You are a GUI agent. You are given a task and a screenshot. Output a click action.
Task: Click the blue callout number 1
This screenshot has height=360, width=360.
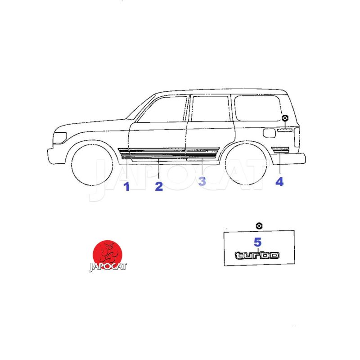(x=126, y=186)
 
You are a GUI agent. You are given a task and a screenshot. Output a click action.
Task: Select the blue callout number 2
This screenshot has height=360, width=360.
(x=159, y=186)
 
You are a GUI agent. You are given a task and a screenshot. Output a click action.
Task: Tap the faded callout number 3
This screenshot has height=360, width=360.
(x=202, y=181)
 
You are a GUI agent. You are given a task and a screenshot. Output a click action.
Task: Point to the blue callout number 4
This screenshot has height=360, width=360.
(x=279, y=182)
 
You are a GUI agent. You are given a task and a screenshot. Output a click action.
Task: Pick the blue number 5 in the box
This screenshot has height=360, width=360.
(x=257, y=242)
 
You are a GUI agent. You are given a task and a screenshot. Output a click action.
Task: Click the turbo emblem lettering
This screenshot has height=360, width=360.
(x=257, y=255)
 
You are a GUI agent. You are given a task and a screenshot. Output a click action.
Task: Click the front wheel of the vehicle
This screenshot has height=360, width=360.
(x=92, y=164)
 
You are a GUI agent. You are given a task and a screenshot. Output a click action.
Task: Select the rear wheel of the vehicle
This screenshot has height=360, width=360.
(x=246, y=164)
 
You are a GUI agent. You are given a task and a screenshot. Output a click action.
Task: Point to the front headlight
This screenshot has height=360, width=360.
(x=60, y=138)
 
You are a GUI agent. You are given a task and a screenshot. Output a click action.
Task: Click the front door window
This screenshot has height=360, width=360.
(x=162, y=109)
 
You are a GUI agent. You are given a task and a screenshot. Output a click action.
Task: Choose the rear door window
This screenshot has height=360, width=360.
(x=210, y=108)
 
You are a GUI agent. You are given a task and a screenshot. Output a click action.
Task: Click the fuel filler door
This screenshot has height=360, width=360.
(x=269, y=133)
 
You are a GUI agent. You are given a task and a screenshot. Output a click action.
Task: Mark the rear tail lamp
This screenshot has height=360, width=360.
(x=297, y=137)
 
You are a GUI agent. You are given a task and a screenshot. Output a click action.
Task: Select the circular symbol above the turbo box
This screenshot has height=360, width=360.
(x=259, y=226)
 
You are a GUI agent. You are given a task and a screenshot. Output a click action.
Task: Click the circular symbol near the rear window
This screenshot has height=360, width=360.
(x=285, y=118)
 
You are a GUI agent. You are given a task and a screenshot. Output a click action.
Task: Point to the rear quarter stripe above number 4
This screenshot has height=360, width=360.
(x=280, y=149)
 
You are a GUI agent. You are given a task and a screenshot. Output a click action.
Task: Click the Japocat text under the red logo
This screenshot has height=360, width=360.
(x=108, y=266)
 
